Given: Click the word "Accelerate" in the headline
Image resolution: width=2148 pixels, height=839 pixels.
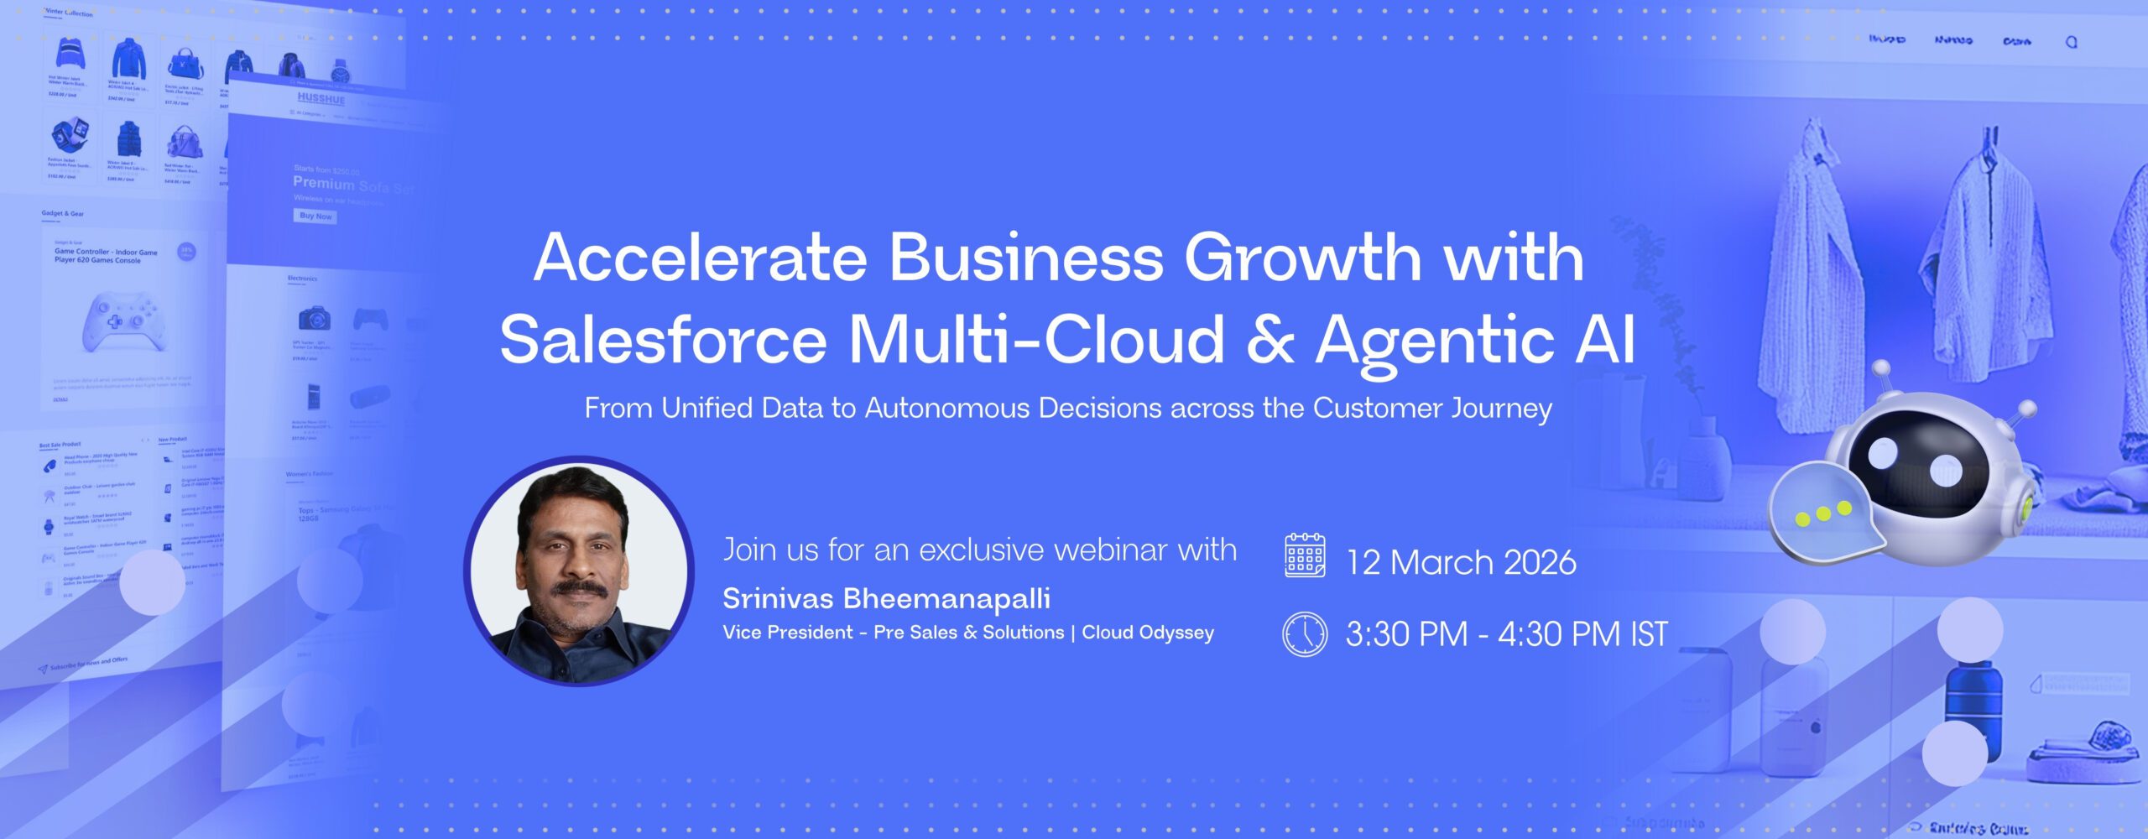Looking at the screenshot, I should click(701, 258).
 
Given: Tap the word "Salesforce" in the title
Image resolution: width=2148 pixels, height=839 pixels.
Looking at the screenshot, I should click(663, 340).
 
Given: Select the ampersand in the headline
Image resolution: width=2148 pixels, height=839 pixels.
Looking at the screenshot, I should click(1270, 340).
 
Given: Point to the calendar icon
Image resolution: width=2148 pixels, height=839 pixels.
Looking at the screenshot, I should click(1305, 555).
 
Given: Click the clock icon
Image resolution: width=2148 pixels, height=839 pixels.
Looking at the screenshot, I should click(1305, 634).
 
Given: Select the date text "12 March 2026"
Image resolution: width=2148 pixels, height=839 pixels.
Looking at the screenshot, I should click(1461, 562).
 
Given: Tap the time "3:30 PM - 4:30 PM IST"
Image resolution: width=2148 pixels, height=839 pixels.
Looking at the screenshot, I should click(1506, 634).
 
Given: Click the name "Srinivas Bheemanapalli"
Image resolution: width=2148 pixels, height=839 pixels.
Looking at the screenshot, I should click(886, 598).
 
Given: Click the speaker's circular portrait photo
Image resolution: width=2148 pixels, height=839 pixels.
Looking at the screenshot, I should click(579, 571).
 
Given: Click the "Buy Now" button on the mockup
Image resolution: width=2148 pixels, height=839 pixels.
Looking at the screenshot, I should click(315, 216).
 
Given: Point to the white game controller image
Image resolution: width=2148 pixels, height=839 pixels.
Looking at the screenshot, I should click(122, 321).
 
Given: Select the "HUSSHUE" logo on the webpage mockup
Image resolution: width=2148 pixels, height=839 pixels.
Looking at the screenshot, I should click(321, 99).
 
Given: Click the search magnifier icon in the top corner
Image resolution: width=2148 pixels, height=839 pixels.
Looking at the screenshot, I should click(2071, 42).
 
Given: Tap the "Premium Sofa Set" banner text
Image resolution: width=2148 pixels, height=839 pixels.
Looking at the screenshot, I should click(353, 185).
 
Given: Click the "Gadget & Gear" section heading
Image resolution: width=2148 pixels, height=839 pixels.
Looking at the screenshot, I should click(62, 214).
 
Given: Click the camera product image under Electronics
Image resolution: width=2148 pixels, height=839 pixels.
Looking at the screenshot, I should click(314, 319).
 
